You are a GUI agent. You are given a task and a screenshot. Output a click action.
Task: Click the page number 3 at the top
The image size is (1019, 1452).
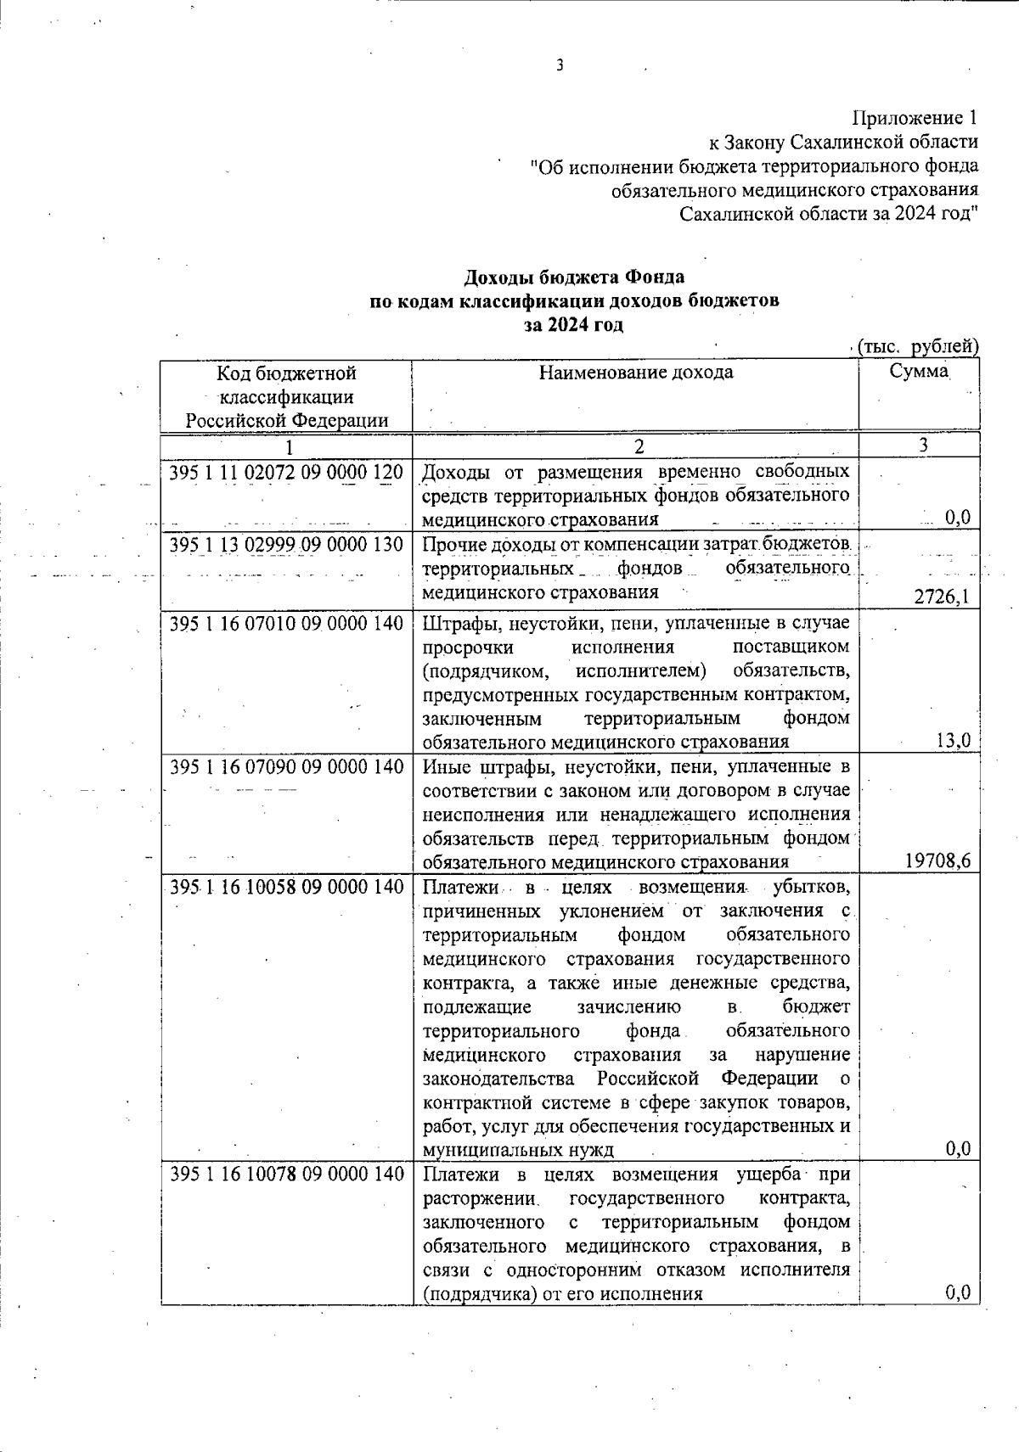pyautogui.click(x=560, y=66)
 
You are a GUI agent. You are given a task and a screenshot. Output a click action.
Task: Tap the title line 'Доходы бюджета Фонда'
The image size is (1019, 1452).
pyautogui.click(x=574, y=278)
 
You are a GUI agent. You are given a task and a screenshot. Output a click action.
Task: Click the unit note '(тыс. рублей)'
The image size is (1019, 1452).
pyautogui.click(x=918, y=346)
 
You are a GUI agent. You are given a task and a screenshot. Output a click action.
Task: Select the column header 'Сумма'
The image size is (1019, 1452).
pyautogui.click(x=919, y=372)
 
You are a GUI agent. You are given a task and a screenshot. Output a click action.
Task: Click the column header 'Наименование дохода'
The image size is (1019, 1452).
pyautogui.click(x=636, y=373)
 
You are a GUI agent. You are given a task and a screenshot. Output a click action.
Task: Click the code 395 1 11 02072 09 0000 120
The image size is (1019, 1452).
pyautogui.click(x=286, y=472)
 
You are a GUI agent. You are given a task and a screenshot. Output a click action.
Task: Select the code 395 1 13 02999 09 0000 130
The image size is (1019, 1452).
pyautogui.click(x=286, y=544)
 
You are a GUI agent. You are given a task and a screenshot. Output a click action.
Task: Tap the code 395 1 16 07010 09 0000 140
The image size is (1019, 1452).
pyautogui.click(x=286, y=624)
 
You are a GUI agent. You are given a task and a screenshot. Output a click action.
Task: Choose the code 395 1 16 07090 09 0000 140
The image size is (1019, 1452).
pyautogui.click(x=286, y=767)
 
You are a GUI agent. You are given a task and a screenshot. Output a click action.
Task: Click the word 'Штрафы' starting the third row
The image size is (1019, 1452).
pyautogui.click(x=452, y=624)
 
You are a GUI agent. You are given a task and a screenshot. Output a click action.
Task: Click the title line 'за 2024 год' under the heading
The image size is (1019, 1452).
pyautogui.click(x=574, y=325)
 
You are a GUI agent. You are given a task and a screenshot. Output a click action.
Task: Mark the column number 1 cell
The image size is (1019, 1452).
pyautogui.click(x=289, y=446)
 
